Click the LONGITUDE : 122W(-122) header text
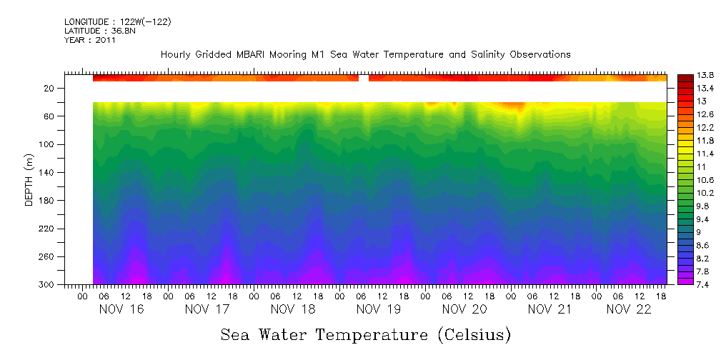point(117,22)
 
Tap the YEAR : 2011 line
point(89,40)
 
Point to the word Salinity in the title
point(479,54)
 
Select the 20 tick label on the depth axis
point(50,89)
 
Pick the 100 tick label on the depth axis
point(48,145)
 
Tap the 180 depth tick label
point(48,201)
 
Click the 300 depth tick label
point(48,285)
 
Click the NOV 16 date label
point(122,309)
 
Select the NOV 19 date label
point(379,309)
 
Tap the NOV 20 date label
point(464,309)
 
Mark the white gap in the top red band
point(364,78)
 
